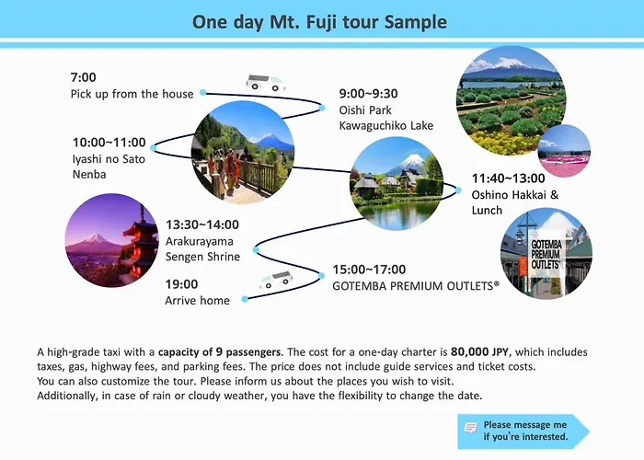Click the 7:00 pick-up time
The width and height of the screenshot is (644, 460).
(x=83, y=77)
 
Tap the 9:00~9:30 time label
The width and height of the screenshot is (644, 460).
(x=368, y=94)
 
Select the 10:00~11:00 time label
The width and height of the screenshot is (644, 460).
(x=109, y=142)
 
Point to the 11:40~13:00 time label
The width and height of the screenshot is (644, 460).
(x=508, y=178)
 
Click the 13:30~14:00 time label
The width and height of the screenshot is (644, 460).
(x=202, y=224)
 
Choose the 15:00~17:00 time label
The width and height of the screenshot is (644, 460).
(x=369, y=270)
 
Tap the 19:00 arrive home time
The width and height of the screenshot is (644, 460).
(x=181, y=284)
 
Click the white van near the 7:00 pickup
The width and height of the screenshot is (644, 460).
(x=265, y=83)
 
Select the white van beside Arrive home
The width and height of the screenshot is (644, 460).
(x=276, y=280)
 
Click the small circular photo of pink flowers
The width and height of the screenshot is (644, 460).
(x=564, y=151)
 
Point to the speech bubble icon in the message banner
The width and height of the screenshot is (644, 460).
(x=471, y=428)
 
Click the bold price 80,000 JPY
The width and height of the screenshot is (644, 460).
(x=479, y=352)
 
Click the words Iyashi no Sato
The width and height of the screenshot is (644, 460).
(x=109, y=159)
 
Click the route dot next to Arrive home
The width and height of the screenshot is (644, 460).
(x=245, y=299)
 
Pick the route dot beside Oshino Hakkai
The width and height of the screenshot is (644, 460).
(x=458, y=190)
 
